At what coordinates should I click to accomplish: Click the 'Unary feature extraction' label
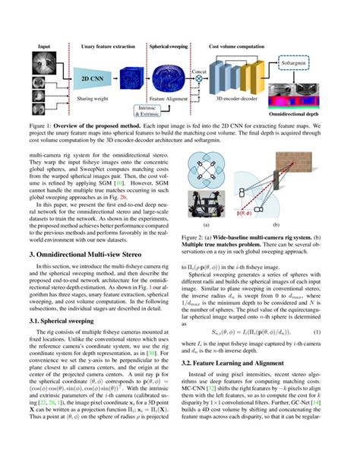tap(108, 47)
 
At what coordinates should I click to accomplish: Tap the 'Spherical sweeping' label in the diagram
tap(169, 47)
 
